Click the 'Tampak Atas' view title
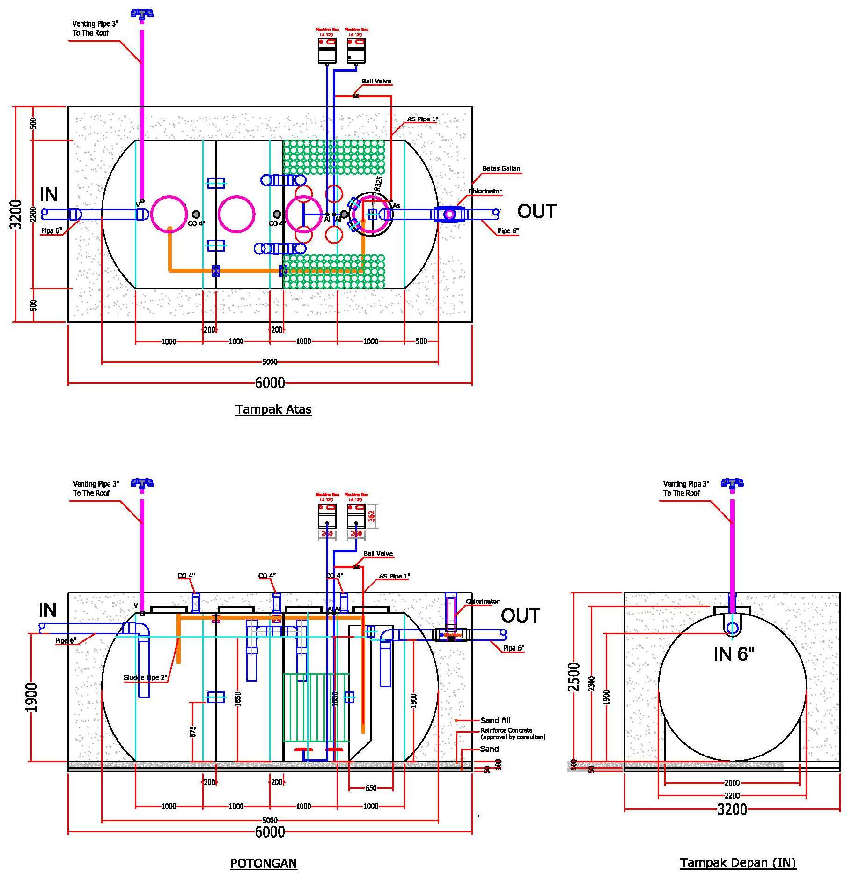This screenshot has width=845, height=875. coord(273,409)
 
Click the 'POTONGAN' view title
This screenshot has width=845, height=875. coord(263,863)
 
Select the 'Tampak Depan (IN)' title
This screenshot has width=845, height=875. coord(738,863)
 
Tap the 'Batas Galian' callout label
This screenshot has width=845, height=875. coord(501,168)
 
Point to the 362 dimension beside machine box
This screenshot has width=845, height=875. coord(372,516)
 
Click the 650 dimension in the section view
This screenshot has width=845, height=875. coord(370,788)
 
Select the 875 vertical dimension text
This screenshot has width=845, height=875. coord(193,732)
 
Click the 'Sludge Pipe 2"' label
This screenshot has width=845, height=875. coord(145,678)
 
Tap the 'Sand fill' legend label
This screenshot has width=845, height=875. coord(495,720)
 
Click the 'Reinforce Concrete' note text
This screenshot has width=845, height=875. coord(507,730)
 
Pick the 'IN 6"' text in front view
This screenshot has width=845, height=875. coord(734,654)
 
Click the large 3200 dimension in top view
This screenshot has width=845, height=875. coord(16,214)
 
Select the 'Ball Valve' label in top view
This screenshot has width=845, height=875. coord(376,81)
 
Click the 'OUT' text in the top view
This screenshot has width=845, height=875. coord(536,211)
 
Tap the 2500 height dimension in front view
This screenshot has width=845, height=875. coord(574,677)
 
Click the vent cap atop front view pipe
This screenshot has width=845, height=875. coord(732,483)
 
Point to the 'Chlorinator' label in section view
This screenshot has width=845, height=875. coord(482,601)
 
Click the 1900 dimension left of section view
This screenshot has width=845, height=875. coord(31,697)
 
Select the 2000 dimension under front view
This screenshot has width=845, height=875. coord(732,783)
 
